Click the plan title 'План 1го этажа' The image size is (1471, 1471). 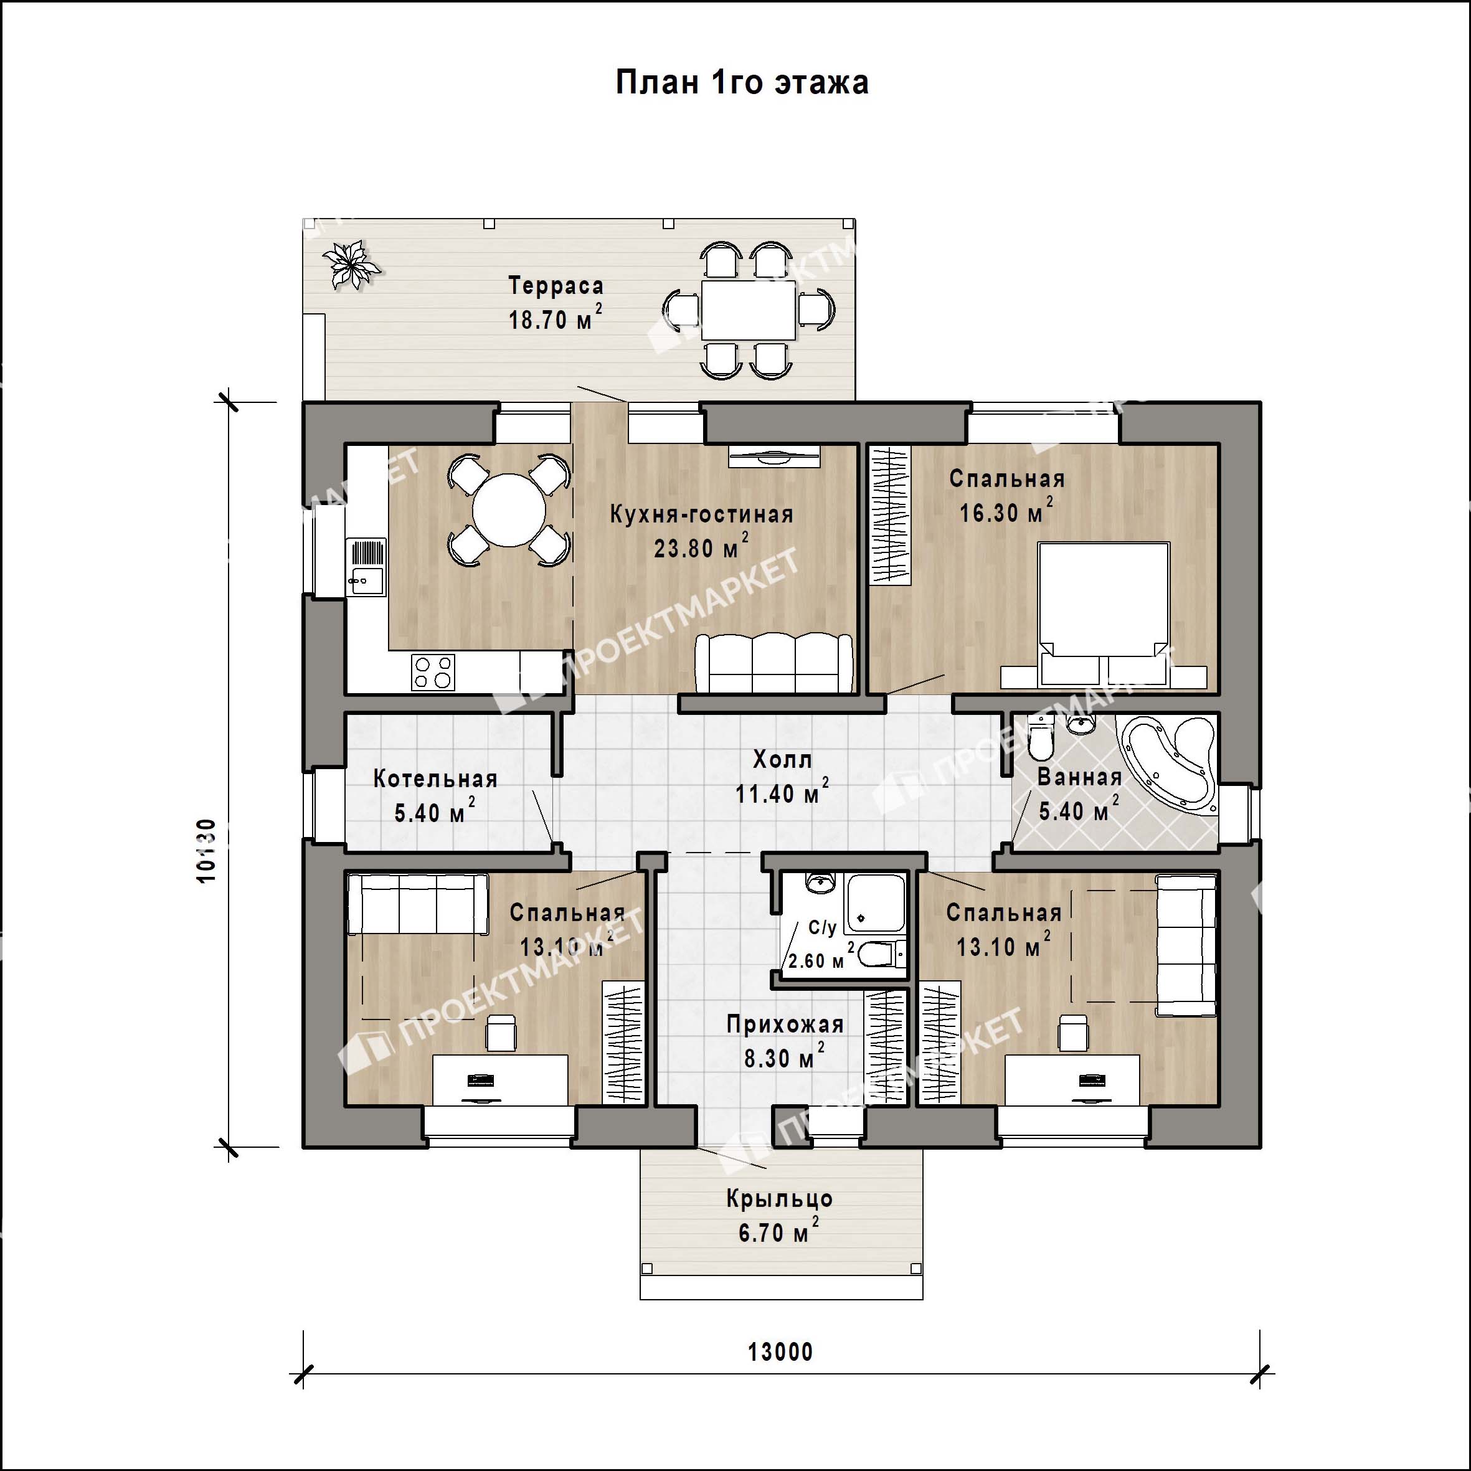point(742,83)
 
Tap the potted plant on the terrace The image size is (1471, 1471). point(349,264)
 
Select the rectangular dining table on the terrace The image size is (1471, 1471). point(749,310)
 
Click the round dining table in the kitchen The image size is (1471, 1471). point(509,509)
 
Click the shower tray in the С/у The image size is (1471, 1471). point(876,904)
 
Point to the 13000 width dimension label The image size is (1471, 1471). point(780,1351)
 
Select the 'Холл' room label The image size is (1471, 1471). point(782,759)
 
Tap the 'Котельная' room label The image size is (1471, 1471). point(435,779)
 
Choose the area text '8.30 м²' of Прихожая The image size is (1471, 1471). point(784,1056)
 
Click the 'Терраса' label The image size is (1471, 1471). point(556,285)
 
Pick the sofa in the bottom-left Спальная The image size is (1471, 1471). point(417,904)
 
